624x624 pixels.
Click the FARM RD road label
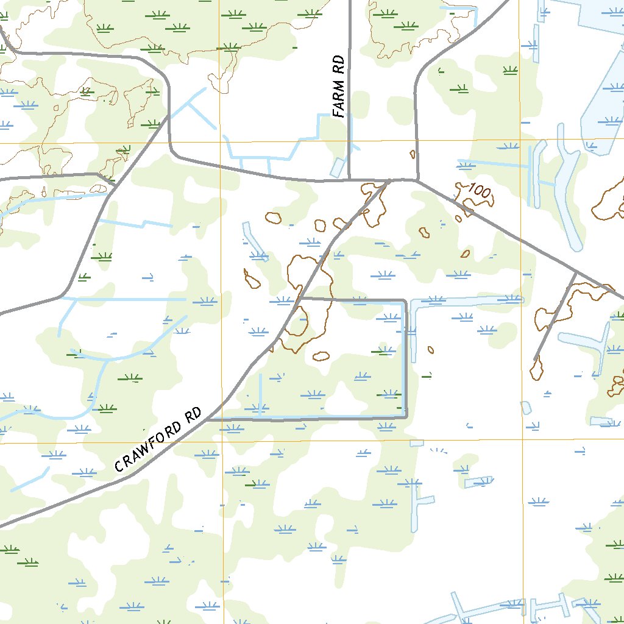point(339,87)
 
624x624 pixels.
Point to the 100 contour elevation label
point(480,192)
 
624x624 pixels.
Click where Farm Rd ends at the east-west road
point(349,180)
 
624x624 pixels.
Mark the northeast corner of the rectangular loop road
point(406,300)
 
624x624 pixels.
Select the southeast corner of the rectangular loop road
point(406,417)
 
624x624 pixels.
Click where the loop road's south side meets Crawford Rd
point(207,419)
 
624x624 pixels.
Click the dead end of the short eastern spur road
point(535,360)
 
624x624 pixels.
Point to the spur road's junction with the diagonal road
point(576,271)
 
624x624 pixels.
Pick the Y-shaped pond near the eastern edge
point(588,344)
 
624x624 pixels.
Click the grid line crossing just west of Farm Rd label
point(220,143)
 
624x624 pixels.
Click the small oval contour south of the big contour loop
point(321,356)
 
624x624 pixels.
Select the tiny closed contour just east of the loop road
point(430,350)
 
